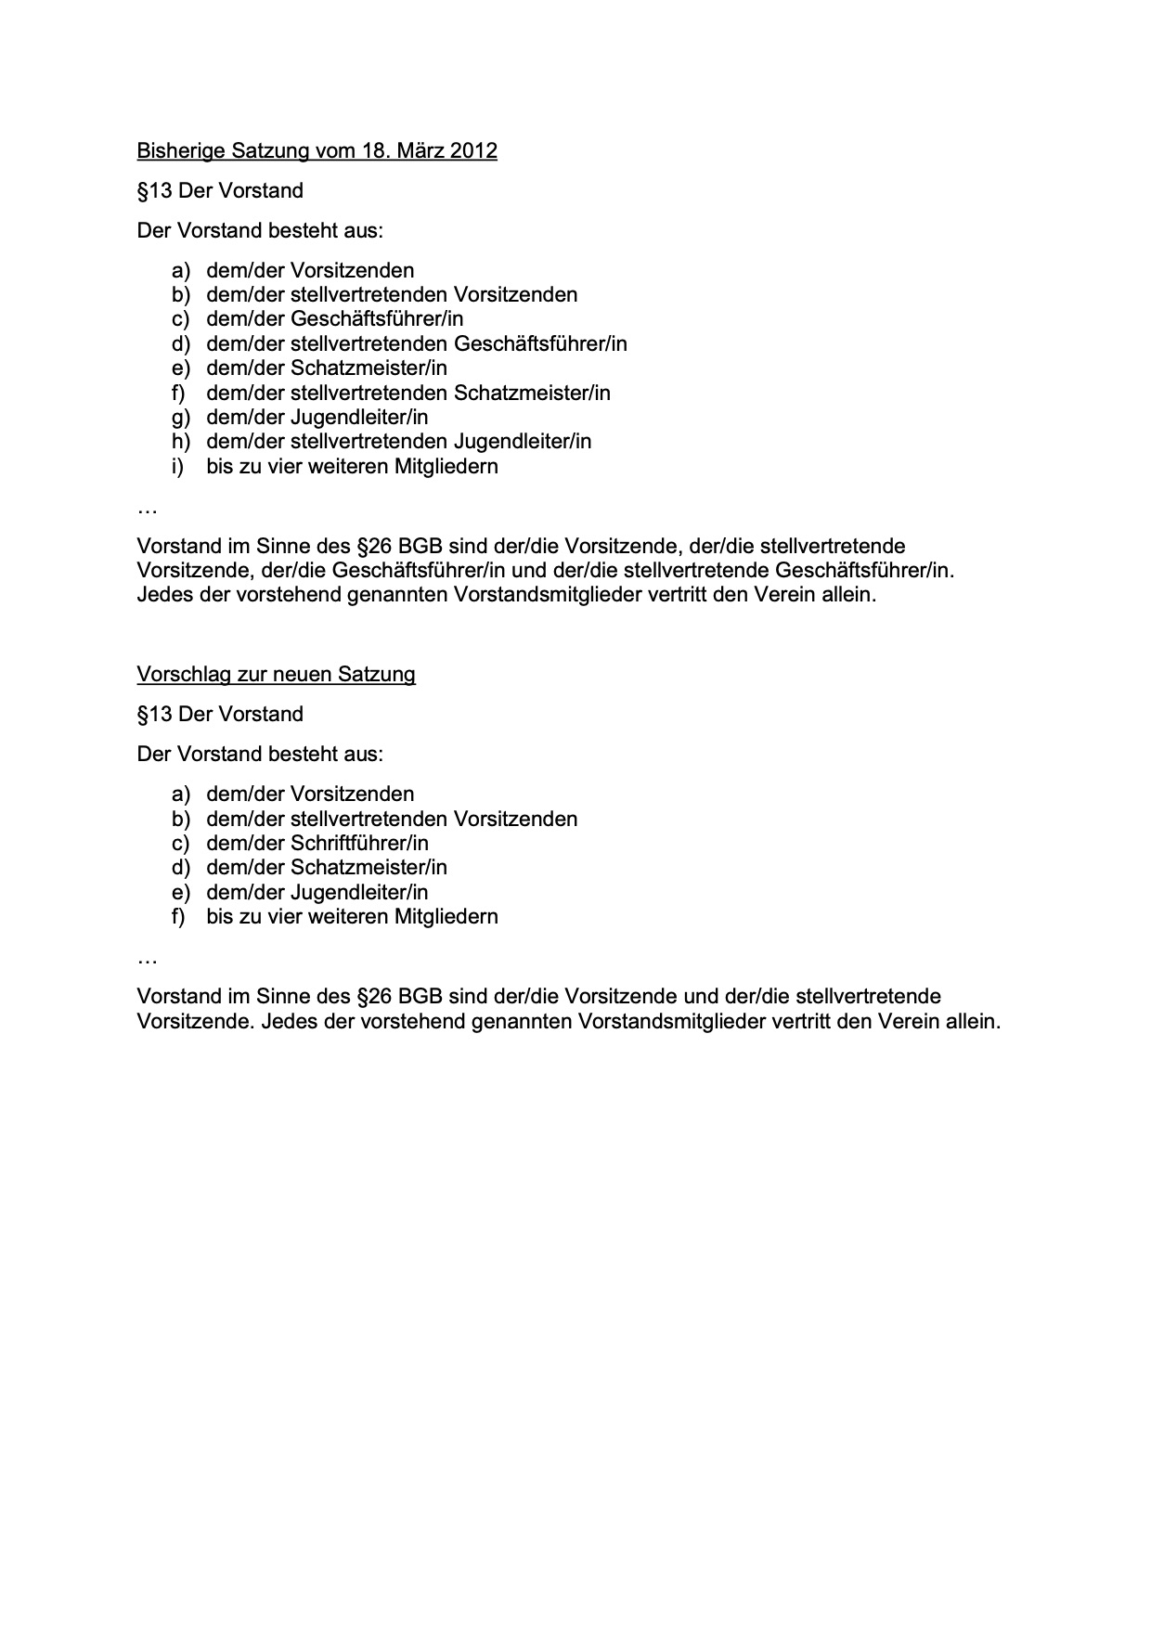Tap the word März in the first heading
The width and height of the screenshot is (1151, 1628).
(x=420, y=150)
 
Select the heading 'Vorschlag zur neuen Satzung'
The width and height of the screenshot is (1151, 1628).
(x=276, y=674)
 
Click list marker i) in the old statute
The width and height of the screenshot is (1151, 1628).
(x=177, y=466)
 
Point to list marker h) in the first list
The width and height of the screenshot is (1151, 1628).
(x=180, y=442)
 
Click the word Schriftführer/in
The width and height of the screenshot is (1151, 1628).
(x=359, y=843)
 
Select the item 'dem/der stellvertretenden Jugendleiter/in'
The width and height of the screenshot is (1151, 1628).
(x=398, y=442)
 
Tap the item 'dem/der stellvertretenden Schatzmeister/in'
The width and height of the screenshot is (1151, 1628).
(x=408, y=393)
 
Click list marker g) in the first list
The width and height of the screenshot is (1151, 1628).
(x=180, y=418)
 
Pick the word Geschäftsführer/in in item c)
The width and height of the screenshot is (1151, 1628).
(x=377, y=319)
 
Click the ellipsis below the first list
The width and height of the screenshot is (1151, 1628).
(x=147, y=510)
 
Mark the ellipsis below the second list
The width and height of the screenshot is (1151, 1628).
(x=147, y=959)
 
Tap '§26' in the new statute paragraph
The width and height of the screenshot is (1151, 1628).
(x=375, y=996)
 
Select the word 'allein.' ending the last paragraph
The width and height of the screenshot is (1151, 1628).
(x=972, y=1022)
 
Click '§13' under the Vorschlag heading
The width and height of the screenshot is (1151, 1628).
(x=154, y=715)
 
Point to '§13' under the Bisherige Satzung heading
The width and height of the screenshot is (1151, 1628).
(x=154, y=191)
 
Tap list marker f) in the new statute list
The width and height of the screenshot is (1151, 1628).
(x=178, y=917)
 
